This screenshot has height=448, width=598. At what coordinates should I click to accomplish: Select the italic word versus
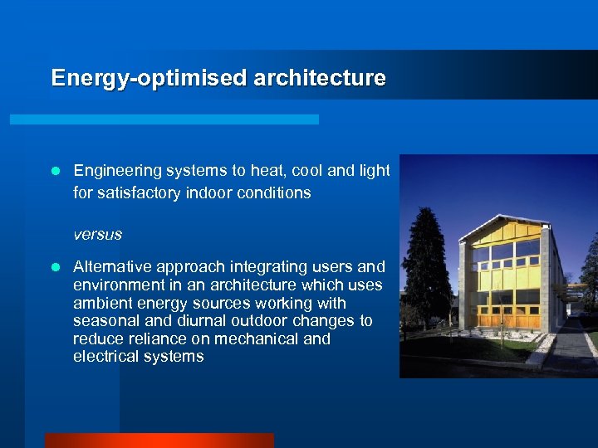point(97,235)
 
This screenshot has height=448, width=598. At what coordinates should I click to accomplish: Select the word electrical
point(103,358)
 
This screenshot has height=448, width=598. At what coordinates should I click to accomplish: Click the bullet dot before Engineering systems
point(55,172)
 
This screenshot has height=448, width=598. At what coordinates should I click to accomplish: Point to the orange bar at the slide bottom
point(159,441)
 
